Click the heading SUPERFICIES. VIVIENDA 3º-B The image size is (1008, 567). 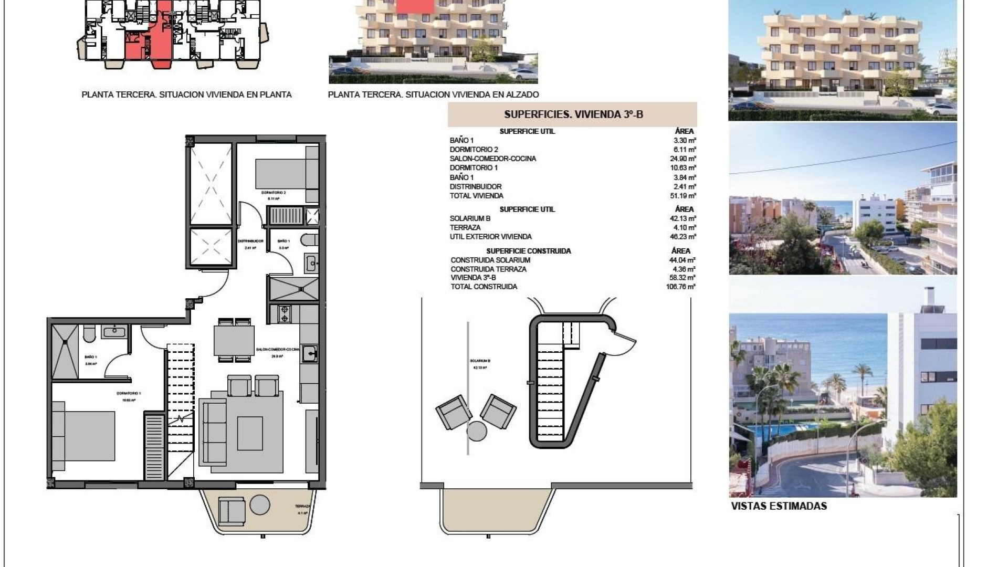[x=573, y=114]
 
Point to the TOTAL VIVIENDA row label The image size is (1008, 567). [x=476, y=196]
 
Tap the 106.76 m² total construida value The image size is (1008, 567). [x=680, y=287]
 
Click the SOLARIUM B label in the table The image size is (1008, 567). [x=470, y=218]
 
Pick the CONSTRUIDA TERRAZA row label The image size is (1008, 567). [x=488, y=269]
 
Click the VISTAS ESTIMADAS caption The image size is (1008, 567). [x=779, y=507]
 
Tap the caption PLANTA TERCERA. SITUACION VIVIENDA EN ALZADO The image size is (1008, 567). [x=433, y=95]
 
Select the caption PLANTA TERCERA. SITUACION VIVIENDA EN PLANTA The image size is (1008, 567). [x=186, y=95]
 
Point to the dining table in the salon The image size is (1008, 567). [x=234, y=340]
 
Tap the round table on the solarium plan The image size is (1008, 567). [x=477, y=432]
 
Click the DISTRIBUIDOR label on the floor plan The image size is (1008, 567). [x=250, y=241]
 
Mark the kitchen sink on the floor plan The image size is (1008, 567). [x=309, y=354]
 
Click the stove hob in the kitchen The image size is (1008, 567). [x=284, y=314]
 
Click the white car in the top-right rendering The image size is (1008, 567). [x=940, y=108]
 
